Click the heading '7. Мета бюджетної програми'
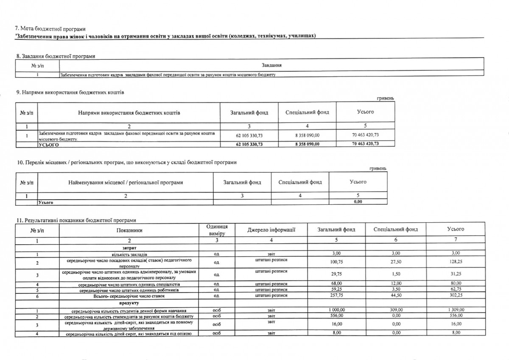[x=50, y=29]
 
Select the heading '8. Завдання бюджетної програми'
[x=55, y=56]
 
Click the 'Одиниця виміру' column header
[x=217, y=230]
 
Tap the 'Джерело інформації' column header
[x=271, y=230]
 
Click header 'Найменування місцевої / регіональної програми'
[x=126, y=182]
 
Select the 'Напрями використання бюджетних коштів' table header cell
[x=129, y=113]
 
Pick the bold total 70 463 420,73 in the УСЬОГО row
[x=365, y=144]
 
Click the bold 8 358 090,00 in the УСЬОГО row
[x=307, y=144]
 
